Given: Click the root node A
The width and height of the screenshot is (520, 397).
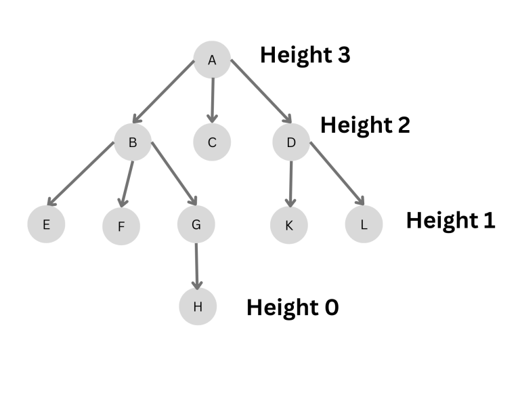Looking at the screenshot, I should tap(212, 60).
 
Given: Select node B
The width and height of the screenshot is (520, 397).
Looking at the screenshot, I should tap(133, 142).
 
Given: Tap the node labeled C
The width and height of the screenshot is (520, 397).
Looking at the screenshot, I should tap(212, 142).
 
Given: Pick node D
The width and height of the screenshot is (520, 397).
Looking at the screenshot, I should tap(291, 142).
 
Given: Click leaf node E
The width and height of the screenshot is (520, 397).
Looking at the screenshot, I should tap(46, 224).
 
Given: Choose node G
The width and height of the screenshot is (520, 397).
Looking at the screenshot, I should tap(196, 224).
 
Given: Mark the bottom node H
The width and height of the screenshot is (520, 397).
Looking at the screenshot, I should tap(198, 306).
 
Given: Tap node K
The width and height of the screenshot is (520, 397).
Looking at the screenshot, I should tap(289, 224).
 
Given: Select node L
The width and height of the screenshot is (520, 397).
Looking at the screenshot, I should tap(364, 224).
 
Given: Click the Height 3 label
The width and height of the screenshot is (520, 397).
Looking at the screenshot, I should tap(305, 55).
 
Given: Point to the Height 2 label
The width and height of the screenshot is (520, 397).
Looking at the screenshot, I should tap(365, 125).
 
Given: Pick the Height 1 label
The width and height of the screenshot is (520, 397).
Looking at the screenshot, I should tap(450, 220).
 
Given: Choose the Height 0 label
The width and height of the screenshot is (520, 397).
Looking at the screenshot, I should tap(292, 308).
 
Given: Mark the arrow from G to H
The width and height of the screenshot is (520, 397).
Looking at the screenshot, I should tap(197, 266).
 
